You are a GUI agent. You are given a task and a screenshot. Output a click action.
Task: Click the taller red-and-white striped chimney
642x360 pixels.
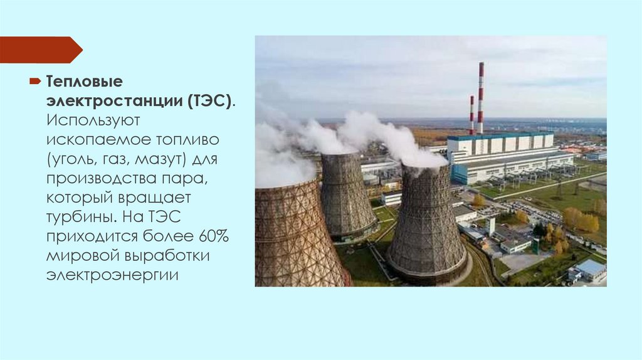[x=481, y=97]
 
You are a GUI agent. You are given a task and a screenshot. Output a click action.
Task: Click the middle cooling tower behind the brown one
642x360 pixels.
[x=347, y=194]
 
